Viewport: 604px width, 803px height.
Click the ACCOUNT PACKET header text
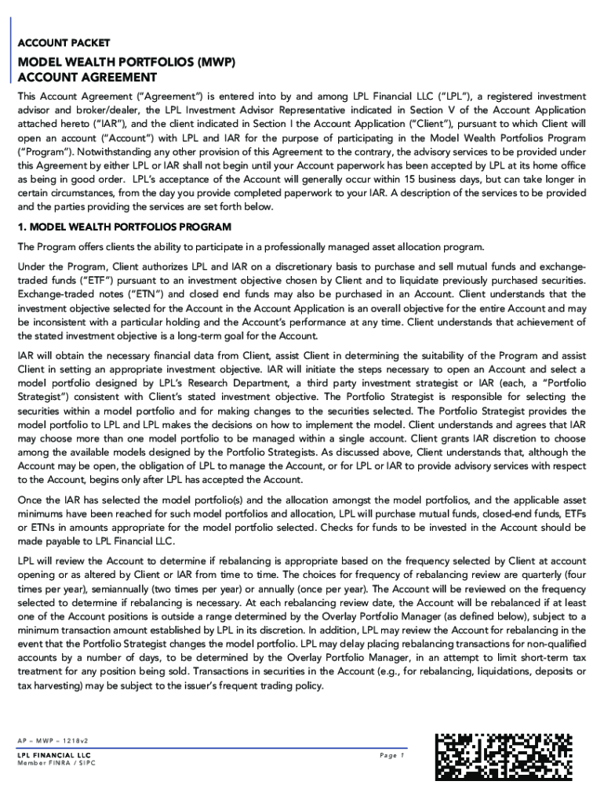tap(64, 42)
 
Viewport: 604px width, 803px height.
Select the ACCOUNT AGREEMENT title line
tap(88, 78)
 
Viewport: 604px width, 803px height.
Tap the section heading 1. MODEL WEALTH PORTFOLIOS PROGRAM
tap(125, 227)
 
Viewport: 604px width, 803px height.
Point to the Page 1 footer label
tap(390, 756)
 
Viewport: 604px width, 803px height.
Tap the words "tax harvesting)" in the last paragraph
tap(50, 687)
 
